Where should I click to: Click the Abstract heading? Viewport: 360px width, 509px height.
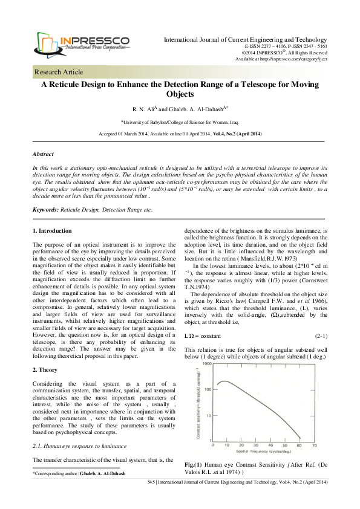[x=42, y=154]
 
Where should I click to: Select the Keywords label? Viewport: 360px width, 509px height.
[x=45, y=209]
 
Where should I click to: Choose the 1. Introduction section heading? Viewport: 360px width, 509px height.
[x=51, y=231]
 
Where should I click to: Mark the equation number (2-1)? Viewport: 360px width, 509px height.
[x=321, y=336]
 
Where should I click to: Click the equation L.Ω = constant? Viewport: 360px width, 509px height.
[x=203, y=336]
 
